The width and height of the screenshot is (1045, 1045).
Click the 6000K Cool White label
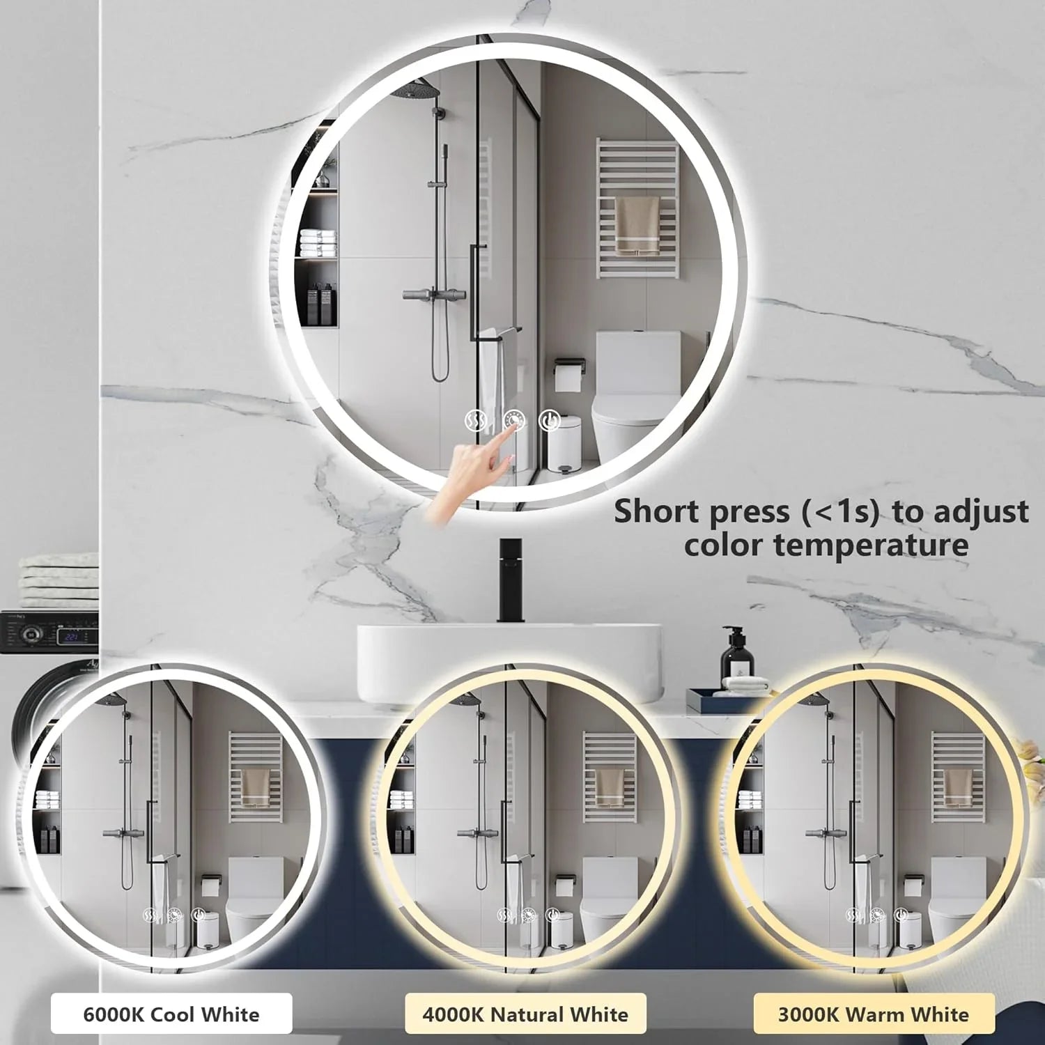coord(171,1014)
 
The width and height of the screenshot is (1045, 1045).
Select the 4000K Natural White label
coord(525,1014)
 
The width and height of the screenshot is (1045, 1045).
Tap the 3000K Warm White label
coord(874,1014)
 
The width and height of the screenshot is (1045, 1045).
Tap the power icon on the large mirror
coord(550,421)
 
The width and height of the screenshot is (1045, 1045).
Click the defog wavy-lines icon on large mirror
coord(476,421)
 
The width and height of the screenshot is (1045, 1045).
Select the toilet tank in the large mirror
coord(637,362)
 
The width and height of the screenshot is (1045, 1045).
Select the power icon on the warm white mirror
coord(901,915)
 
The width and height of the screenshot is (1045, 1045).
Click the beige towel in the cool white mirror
coord(256,787)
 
